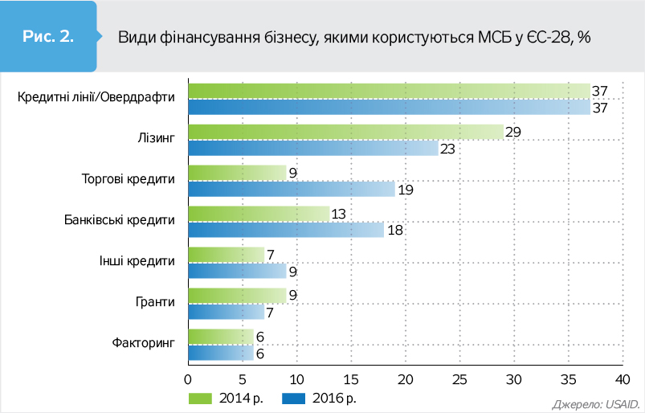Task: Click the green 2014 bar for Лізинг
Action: pos(345,132)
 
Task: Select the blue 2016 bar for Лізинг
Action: pos(313,149)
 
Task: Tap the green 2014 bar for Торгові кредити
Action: pos(237,173)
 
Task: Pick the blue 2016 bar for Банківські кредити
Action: pos(286,231)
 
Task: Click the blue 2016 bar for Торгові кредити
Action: pos(292,190)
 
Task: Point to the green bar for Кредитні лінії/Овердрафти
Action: pos(389,91)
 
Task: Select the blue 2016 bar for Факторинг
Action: pos(220,353)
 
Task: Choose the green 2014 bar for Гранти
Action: pos(237,295)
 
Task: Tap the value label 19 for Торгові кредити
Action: pos(406,190)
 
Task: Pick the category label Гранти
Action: pos(157,303)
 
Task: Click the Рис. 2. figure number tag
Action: pos(49,36)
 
